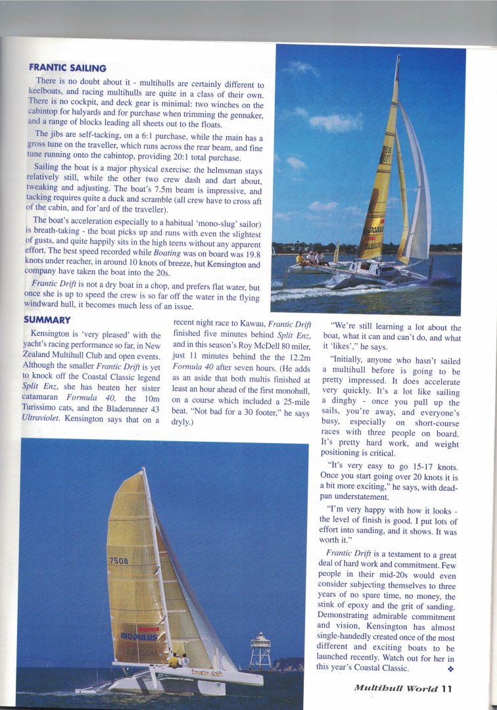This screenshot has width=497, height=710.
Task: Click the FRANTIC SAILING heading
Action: point(68,67)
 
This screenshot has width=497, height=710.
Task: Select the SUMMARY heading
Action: point(47,319)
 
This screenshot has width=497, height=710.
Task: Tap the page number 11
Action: point(446,689)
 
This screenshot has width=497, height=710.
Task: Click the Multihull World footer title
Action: point(395,689)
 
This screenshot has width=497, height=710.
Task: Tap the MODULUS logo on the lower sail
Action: point(138,636)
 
